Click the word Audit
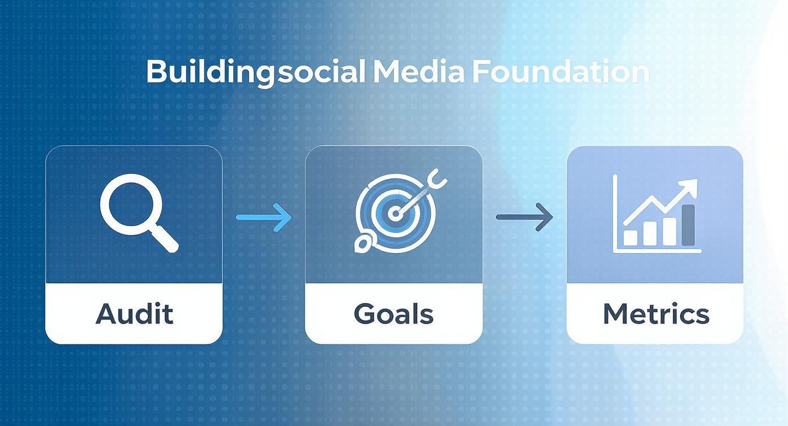(x=134, y=314)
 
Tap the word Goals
(x=393, y=314)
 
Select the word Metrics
(x=656, y=314)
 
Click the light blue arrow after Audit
(x=263, y=217)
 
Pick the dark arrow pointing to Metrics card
(x=524, y=217)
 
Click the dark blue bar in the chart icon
(x=688, y=225)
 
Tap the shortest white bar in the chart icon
(x=630, y=237)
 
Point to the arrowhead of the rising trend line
(x=691, y=186)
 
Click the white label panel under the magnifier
(x=134, y=314)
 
